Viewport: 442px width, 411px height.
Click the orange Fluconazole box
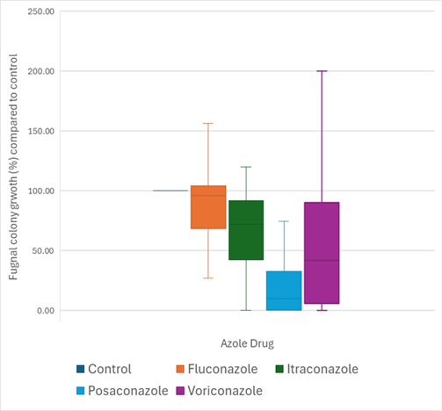click(x=208, y=207)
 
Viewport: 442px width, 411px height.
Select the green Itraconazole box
click(x=246, y=230)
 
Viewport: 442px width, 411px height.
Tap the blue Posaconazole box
click(x=284, y=291)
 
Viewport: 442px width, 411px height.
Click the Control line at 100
click(x=170, y=191)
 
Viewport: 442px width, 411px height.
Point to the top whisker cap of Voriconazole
click(x=322, y=71)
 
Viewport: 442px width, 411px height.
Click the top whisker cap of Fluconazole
click(x=208, y=123)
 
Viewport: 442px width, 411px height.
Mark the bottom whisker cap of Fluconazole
click(x=208, y=278)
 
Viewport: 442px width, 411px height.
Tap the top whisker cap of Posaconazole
click(x=284, y=221)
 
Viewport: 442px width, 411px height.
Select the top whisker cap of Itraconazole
click(x=246, y=167)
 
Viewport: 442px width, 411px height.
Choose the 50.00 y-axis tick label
click(x=43, y=250)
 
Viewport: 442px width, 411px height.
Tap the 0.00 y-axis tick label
click(x=46, y=310)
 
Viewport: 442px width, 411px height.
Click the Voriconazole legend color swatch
click(x=181, y=389)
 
